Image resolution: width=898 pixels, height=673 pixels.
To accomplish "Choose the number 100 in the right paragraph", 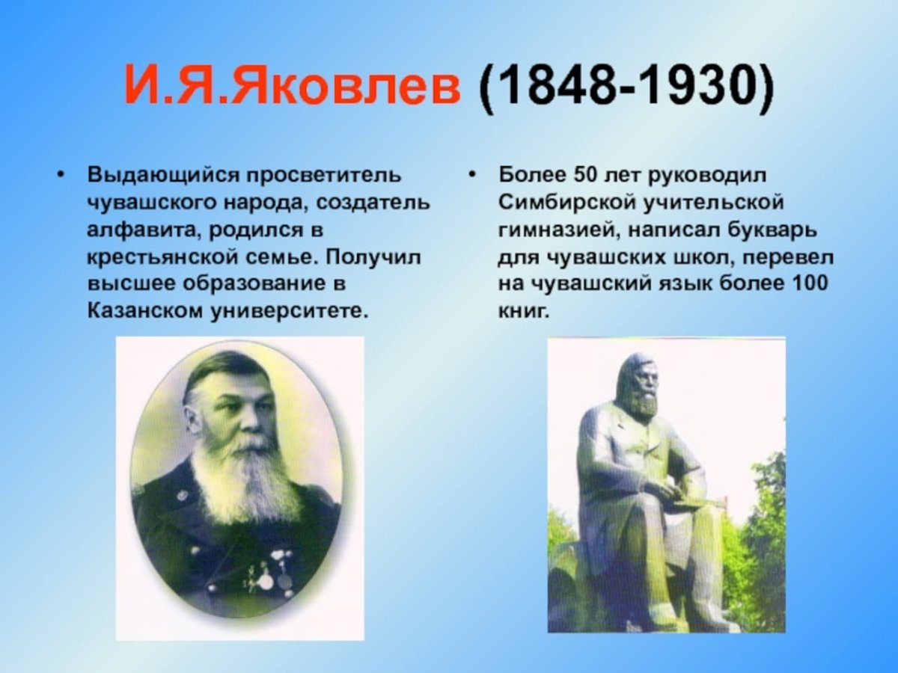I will coord(811,283).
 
